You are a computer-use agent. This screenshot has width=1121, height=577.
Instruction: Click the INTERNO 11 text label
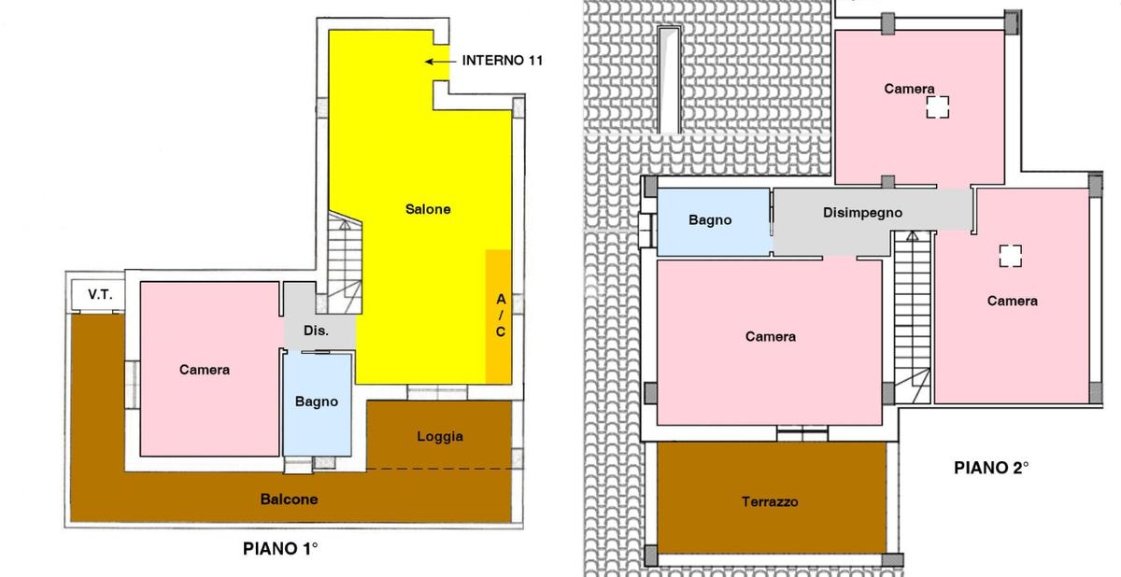(x=502, y=61)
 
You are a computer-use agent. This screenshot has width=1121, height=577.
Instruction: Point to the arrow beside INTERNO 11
(x=440, y=62)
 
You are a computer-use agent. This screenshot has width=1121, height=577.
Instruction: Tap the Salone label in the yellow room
(x=428, y=209)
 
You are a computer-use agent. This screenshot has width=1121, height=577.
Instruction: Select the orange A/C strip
(x=499, y=317)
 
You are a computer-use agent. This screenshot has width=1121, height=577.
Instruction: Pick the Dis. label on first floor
(x=316, y=331)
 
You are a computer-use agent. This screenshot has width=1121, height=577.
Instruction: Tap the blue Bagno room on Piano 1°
(x=318, y=404)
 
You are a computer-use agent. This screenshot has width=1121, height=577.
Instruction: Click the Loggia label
(x=440, y=437)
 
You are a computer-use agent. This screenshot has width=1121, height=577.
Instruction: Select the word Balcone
(x=289, y=499)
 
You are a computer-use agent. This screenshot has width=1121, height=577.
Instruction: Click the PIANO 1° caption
(x=280, y=548)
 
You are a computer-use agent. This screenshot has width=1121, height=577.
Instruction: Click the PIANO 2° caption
(x=991, y=468)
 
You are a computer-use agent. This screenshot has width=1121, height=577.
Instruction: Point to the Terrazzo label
(x=770, y=501)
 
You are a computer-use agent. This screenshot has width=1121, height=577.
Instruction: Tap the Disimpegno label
(x=863, y=213)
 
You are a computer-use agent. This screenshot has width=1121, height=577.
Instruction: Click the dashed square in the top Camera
(x=937, y=107)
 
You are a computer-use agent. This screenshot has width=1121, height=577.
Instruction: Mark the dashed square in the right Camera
(x=1011, y=256)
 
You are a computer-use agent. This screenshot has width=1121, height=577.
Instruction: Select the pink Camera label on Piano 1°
(x=205, y=370)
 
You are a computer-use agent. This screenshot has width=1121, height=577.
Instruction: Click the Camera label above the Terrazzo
(x=770, y=336)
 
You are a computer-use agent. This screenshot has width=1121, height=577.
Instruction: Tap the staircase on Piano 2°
(x=913, y=317)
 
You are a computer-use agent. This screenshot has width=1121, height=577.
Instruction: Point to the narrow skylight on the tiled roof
(x=669, y=80)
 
